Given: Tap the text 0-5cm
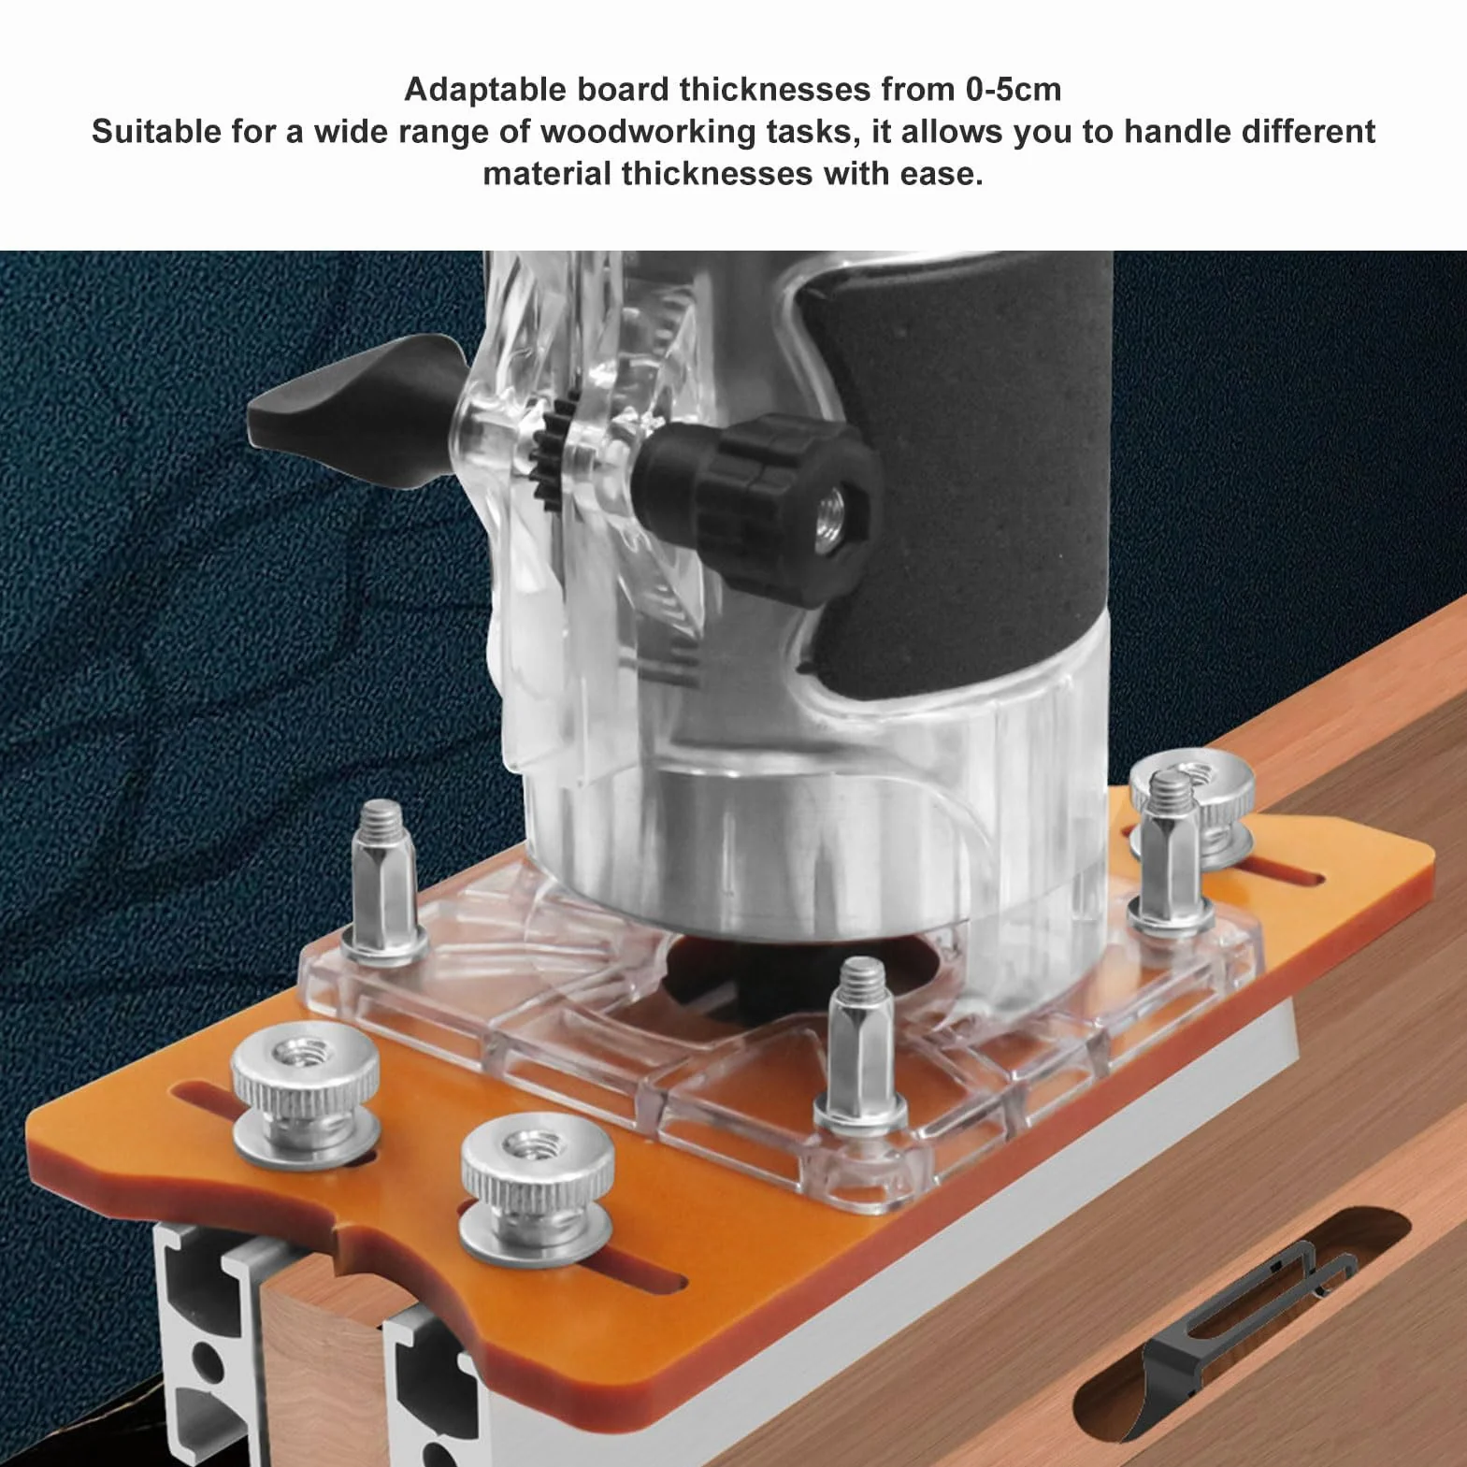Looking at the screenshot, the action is click(x=1013, y=90).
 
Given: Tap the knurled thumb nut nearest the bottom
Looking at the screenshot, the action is click(x=537, y=1184).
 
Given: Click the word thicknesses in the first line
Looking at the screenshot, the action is click(x=775, y=90).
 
